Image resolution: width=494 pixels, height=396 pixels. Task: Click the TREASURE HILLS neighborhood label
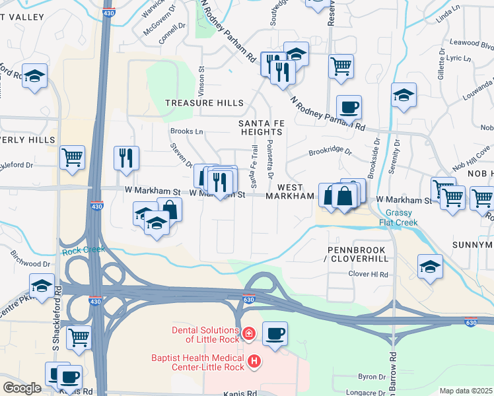[204, 103]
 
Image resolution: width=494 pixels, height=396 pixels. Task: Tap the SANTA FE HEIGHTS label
[261, 127]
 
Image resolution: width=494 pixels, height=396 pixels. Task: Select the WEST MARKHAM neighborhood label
[290, 195]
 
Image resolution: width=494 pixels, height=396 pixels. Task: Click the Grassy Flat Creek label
[403, 217]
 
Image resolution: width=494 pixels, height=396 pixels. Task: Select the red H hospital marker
[254, 362]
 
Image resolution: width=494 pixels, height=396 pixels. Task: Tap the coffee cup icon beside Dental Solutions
[275, 333]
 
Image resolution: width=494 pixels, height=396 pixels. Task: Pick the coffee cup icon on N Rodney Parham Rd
[349, 106]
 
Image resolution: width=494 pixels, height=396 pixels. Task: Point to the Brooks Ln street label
[186, 131]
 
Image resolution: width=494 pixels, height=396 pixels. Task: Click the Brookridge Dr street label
[330, 151]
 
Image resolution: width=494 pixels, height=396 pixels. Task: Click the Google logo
[22, 387]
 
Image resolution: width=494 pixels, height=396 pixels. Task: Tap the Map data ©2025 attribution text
[465, 391]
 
